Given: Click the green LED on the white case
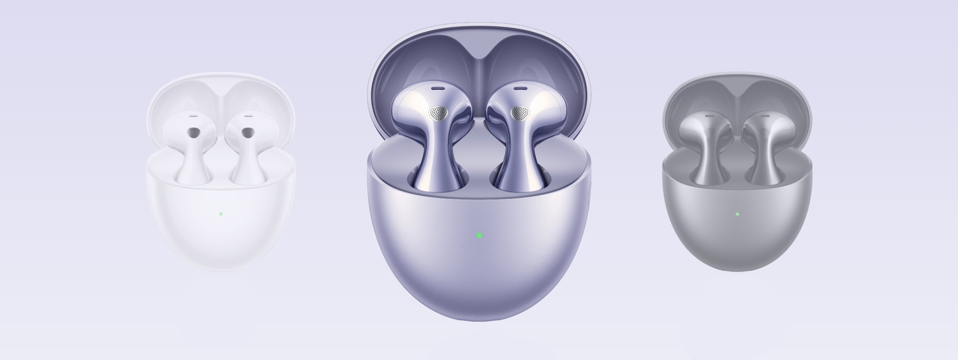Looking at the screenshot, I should (x=220, y=214).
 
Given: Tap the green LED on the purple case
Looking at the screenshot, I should (x=479, y=235).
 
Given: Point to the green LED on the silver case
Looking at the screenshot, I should (x=737, y=214).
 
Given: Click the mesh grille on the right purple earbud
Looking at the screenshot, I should (x=520, y=113).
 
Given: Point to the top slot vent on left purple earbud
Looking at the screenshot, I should (x=437, y=87).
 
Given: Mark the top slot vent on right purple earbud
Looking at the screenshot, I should (x=520, y=87).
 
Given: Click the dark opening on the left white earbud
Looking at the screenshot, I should (x=193, y=133).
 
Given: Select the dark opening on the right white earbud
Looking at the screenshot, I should (x=247, y=133).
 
